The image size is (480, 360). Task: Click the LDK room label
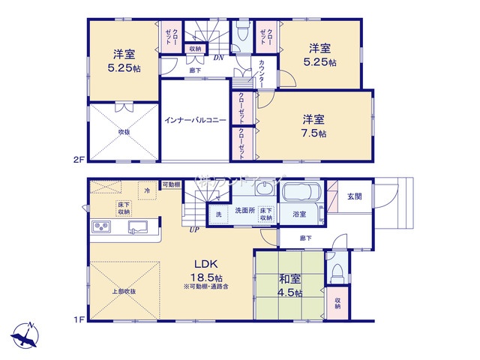(207, 265)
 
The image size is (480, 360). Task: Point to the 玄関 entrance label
(355, 196)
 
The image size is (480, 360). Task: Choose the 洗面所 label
(244, 211)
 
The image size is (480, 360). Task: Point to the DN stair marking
(218, 58)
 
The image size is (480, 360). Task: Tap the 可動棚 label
(172, 185)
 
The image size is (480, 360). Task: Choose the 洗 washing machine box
(218, 215)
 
